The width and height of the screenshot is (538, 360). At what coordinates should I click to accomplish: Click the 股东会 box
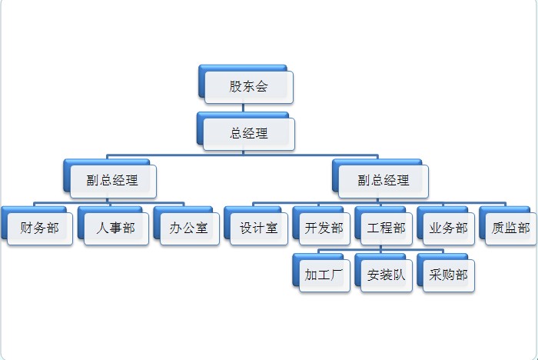click(248, 86)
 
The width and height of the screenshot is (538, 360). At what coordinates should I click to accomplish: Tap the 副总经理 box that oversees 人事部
click(112, 181)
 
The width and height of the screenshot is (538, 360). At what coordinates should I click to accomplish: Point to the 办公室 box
click(189, 228)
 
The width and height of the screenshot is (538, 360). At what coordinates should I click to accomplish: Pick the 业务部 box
click(448, 228)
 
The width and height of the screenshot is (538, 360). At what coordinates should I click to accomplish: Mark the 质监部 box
click(510, 228)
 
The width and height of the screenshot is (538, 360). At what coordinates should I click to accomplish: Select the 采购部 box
click(448, 275)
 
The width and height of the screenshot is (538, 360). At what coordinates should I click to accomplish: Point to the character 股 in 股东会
click(236, 86)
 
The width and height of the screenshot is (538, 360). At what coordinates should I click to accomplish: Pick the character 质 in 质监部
click(498, 228)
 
